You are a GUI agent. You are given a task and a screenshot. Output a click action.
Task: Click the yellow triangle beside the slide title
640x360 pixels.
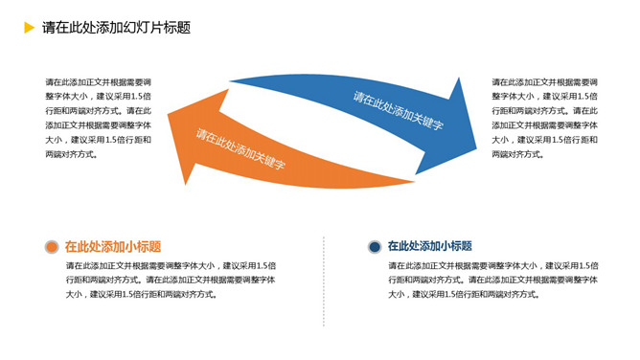(29, 28)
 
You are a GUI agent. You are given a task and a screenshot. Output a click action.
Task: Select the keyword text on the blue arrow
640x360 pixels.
(398, 110)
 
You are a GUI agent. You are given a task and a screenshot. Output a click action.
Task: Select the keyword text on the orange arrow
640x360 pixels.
(241, 148)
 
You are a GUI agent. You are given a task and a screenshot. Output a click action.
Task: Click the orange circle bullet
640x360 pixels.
(52, 247)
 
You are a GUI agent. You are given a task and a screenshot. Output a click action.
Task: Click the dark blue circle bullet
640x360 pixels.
(375, 247)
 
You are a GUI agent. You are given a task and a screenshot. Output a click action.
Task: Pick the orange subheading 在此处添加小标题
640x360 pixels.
(113, 247)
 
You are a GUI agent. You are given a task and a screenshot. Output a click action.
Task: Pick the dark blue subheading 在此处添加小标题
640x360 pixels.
(429, 247)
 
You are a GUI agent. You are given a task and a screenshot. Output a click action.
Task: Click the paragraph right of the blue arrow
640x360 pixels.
(545, 118)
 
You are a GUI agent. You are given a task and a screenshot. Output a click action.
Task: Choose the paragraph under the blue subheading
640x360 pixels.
(494, 280)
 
